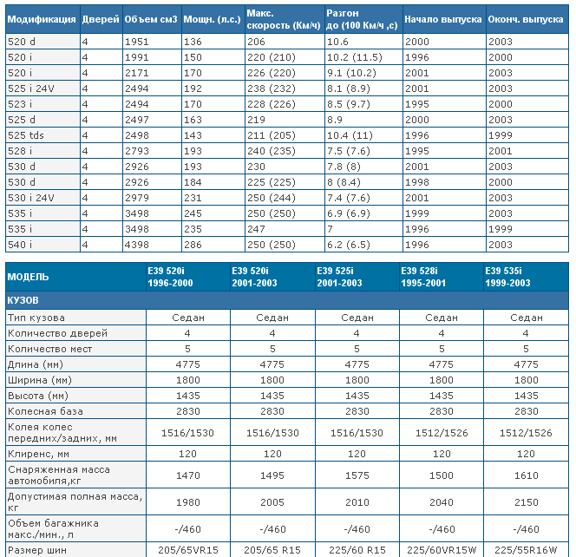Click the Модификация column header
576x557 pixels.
42,19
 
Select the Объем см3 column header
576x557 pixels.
151,19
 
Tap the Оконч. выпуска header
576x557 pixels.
526,19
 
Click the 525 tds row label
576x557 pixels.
26,135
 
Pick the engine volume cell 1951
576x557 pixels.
137,42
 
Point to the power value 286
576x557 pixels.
193,245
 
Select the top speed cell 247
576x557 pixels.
256,229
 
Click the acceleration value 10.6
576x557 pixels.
337,42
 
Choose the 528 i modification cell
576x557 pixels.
20,151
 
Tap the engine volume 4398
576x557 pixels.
137,245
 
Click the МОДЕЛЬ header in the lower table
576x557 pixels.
28,277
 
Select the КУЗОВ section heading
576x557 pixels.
23,300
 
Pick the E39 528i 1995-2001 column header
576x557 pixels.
423,277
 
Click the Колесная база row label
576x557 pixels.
45,411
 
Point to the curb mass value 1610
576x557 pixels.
526,475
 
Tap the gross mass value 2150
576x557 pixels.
526,502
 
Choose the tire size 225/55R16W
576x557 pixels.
526,550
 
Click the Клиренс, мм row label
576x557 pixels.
38,454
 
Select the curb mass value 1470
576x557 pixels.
187,475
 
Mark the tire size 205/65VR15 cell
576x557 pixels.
188,550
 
